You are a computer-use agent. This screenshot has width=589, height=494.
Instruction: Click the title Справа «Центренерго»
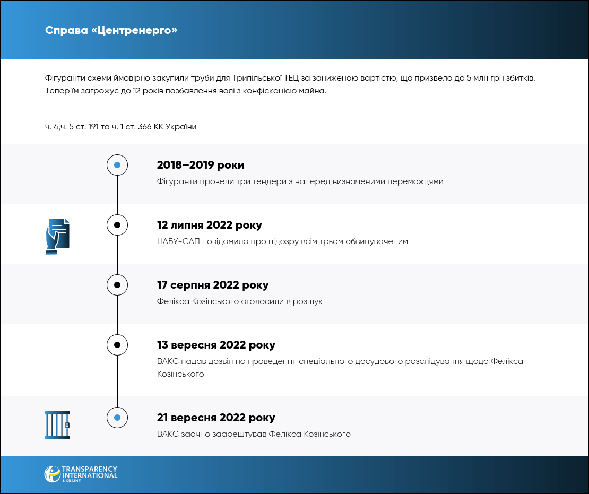(x=111, y=30)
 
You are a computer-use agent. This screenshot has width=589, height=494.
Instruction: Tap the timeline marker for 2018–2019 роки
(x=117, y=165)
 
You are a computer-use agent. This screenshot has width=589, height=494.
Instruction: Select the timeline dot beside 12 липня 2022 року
(x=117, y=225)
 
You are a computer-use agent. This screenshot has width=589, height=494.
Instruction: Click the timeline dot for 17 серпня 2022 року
(x=117, y=285)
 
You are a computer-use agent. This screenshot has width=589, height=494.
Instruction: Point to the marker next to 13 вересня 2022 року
(x=117, y=345)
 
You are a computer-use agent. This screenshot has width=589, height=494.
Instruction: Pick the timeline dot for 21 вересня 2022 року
(x=117, y=418)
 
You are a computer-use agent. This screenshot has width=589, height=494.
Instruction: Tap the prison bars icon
(x=57, y=424)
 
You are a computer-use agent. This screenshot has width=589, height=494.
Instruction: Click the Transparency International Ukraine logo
(x=81, y=474)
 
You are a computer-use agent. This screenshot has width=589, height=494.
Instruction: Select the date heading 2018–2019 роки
(x=201, y=165)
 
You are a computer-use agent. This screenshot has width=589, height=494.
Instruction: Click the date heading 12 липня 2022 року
(x=210, y=225)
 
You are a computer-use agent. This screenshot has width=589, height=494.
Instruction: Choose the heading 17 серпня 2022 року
(x=213, y=285)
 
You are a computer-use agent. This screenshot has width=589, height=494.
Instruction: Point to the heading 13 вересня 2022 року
(x=216, y=345)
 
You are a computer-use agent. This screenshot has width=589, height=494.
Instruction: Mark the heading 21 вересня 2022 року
(x=216, y=418)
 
